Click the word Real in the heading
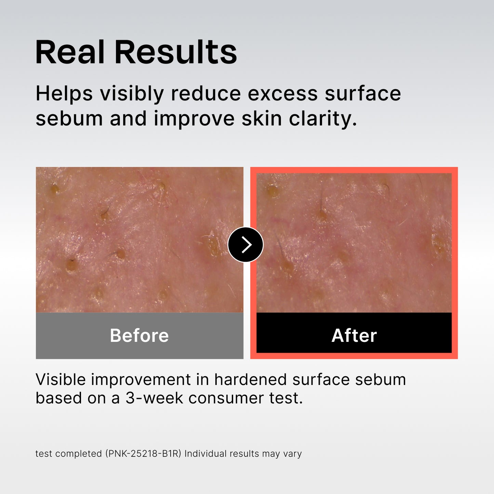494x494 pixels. pos(70,52)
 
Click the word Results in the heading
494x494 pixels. pos(175,52)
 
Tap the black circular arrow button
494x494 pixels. pos(245,245)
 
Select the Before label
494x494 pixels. pos(139,335)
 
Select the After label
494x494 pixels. pos(354,335)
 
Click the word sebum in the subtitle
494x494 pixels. pos(69,119)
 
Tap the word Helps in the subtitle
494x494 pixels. pos(64,94)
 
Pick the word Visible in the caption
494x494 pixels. pos(60,379)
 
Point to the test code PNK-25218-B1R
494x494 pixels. pos(143,454)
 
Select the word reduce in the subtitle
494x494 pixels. pos(206,94)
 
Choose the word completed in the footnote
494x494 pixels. pos(79,454)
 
